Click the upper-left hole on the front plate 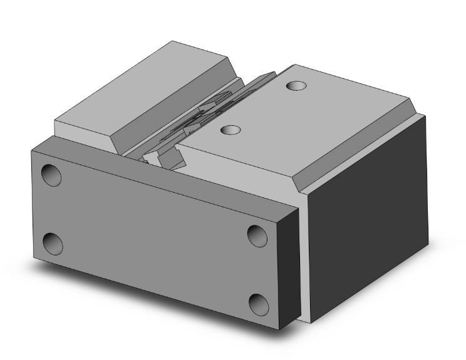[51, 175]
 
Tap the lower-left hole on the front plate [53, 242]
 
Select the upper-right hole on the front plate [257, 235]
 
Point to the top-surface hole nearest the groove [232, 130]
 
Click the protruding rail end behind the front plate [157, 160]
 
